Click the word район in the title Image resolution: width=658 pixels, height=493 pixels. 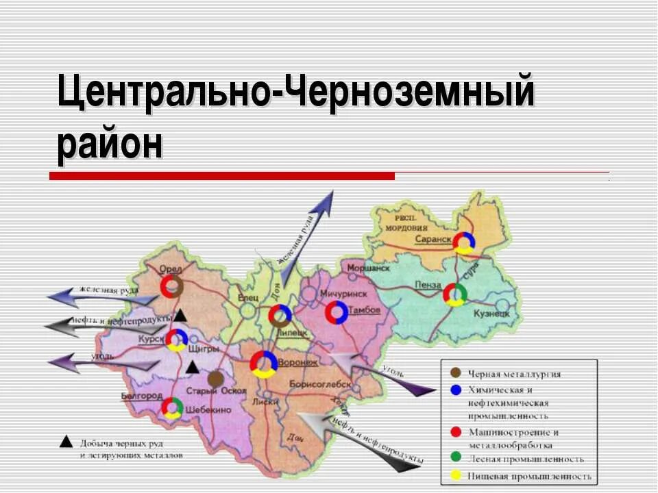pyautogui.click(x=111, y=144)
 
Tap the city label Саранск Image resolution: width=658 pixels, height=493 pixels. pyautogui.click(x=432, y=239)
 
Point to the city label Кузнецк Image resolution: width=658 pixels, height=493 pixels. pyautogui.click(x=491, y=313)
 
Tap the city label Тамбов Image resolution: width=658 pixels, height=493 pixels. pyautogui.click(x=364, y=310)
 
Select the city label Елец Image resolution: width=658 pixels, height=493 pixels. pyautogui.click(x=246, y=297)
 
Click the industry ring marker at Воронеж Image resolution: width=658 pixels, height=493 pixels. pyautogui.click(x=263, y=364)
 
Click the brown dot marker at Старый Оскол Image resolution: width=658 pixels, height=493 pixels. pyautogui.click(x=215, y=378)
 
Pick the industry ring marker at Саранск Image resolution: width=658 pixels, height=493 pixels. pyautogui.click(x=465, y=242)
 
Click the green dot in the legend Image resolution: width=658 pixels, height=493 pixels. pyautogui.click(x=455, y=458)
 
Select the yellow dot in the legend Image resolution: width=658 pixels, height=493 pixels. pyautogui.click(x=455, y=476)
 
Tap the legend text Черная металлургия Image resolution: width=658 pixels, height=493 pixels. pyautogui.click(x=514, y=374)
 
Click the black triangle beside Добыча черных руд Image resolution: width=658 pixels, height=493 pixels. pyautogui.click(x=66, y=441)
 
